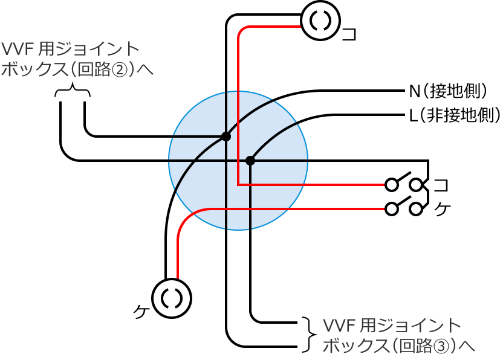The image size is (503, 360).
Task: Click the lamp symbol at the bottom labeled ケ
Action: (x=172, y=298)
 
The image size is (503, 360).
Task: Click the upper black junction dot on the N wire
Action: (x=226, y=137)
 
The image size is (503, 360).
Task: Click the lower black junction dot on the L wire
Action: (x=250, y=161)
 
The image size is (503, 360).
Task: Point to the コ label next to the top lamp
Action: (x=349, y=34)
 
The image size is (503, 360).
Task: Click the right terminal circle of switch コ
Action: (x=416, y=184)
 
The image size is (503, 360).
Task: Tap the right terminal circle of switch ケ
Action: (x=416, y=208)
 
